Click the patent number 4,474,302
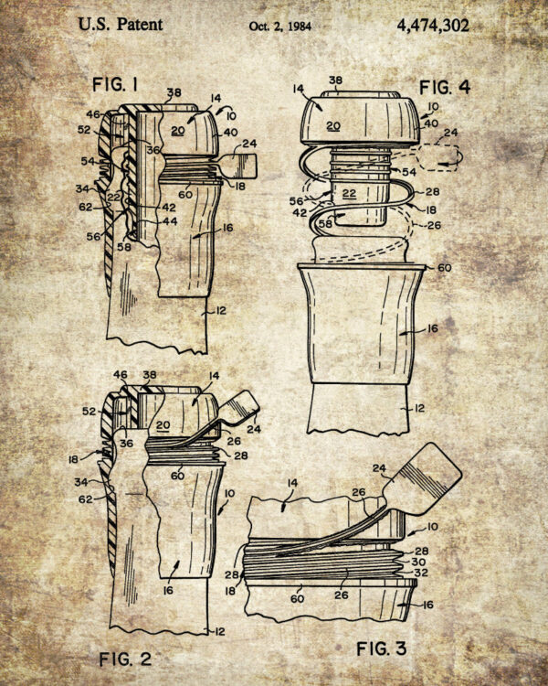[x=433, y=26]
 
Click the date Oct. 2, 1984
[x=280, y=27]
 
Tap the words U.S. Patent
[x=121, y=24]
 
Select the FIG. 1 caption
[x=115, y=84]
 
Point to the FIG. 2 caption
[x=125, y=659]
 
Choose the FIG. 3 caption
[x=382, y=648]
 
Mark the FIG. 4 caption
[x=445, y=88]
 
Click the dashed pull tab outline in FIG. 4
[x=438, y=157]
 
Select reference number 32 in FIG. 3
[x=421, y=573]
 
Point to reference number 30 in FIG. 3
[x=418, y=562]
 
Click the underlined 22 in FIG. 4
[x=349, y=193]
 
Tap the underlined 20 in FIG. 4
[x=333, y=126]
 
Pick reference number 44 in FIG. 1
[x=170, y=221]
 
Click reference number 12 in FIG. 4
[x=419, y=409]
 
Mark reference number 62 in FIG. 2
[x=86, y=498]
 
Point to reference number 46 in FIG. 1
[x=92, y=114]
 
